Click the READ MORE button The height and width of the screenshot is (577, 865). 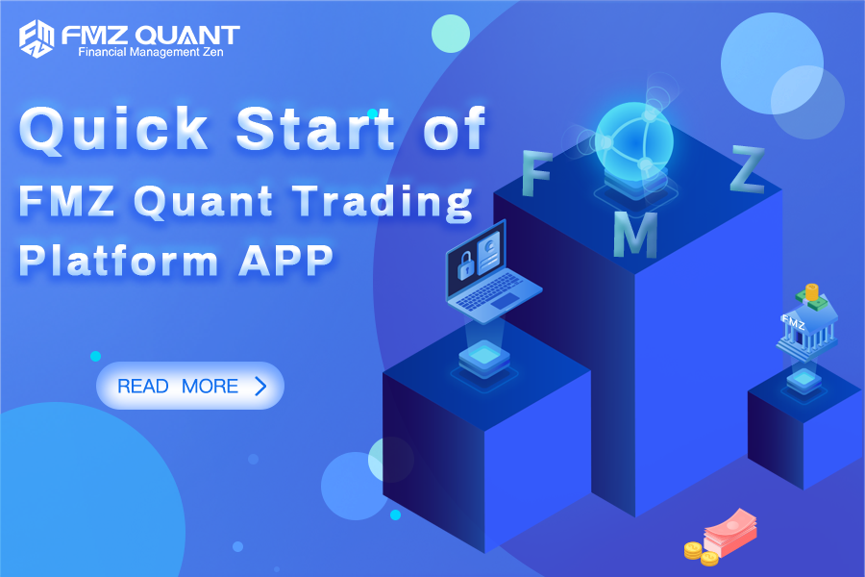pyautogui.click(x=189, y=386)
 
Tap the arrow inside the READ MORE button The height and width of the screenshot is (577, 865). pyautogui.click(x=259, y=387)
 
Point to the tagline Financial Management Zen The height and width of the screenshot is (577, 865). pyautogui.click(x=150, y=52)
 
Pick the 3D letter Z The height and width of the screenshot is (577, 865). pyautogui.click(x=746, y=170)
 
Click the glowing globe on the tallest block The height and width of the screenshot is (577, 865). pyautogui.click(x=630, y=141)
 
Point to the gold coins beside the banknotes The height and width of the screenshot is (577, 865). pyautogui.click(x=700, y=554)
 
